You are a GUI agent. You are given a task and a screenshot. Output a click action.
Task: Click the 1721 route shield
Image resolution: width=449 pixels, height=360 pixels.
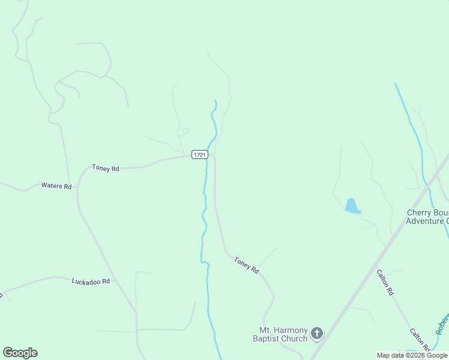200,155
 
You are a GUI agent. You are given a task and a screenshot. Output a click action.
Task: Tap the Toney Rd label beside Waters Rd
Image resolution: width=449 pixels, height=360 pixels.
106,169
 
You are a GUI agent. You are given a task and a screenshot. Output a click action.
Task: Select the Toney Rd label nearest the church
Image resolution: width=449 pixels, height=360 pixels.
246,265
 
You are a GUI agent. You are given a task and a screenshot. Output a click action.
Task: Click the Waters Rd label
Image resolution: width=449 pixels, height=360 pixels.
56,186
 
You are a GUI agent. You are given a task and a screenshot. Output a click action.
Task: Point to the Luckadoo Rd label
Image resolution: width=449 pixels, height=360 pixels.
91,281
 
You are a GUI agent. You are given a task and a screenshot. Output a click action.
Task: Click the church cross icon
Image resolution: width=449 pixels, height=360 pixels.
317,333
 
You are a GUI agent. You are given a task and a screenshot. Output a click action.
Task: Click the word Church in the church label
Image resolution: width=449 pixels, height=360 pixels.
295,338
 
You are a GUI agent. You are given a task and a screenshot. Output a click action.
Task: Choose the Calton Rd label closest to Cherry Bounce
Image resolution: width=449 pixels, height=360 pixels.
385,282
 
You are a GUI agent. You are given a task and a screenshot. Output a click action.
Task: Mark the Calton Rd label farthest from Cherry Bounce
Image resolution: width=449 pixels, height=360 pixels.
420,340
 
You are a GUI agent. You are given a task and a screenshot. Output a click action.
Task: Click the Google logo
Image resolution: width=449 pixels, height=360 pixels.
20,353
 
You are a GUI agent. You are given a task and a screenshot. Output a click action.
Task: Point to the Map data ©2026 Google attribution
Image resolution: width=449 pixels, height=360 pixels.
412,355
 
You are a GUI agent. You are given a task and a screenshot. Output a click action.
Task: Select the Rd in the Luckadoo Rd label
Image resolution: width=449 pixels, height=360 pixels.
106,281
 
